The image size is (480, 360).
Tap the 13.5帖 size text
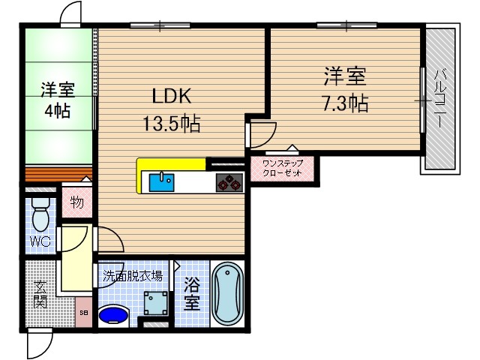pos(172,124)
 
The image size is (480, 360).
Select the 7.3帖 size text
pos(345,103)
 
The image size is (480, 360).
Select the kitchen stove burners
pos(229,182)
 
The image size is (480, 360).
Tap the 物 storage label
pos(76,202)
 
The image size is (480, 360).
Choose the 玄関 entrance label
pos(40,294)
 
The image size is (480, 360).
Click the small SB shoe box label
pos(84,312)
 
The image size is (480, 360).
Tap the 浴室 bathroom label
pos(193,295)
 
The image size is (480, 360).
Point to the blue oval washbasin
pos(113,313)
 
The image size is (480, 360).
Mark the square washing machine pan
pos(157,304)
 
